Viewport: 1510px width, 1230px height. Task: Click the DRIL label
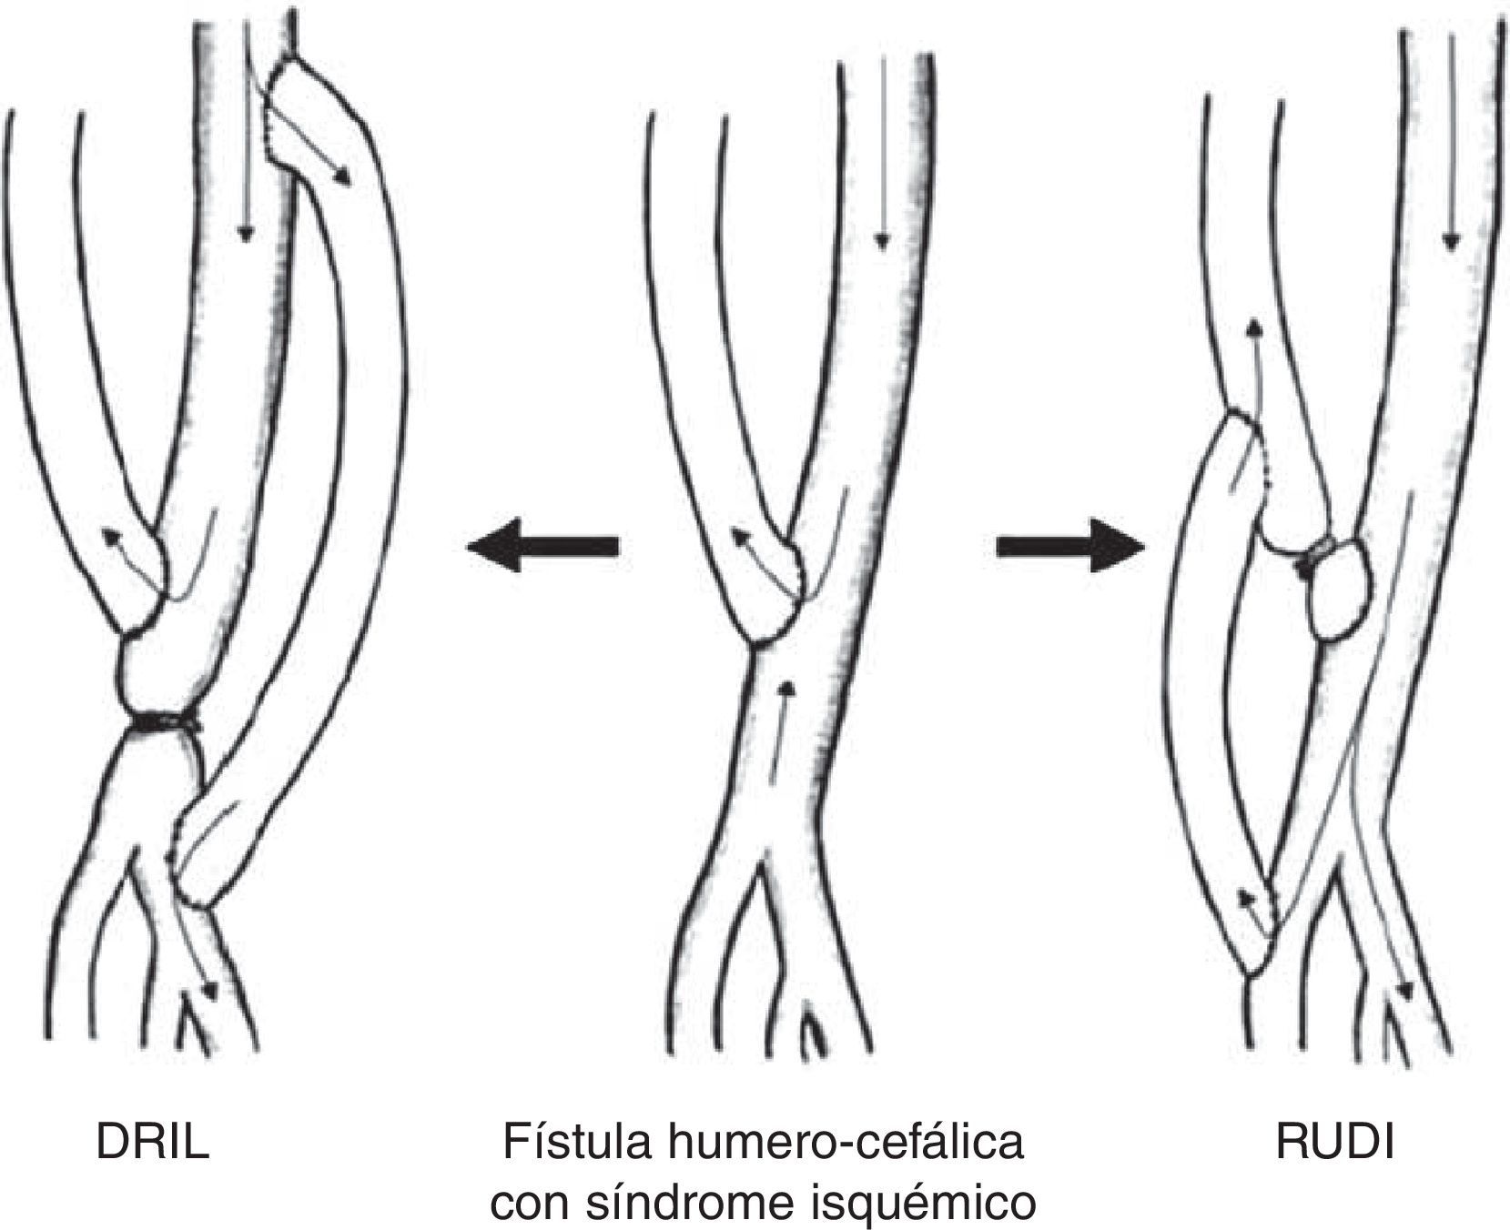153,1143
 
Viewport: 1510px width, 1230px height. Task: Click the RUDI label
1334,1143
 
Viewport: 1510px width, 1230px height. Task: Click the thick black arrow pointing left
542,546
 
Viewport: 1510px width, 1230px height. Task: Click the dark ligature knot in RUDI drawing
1314,557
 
